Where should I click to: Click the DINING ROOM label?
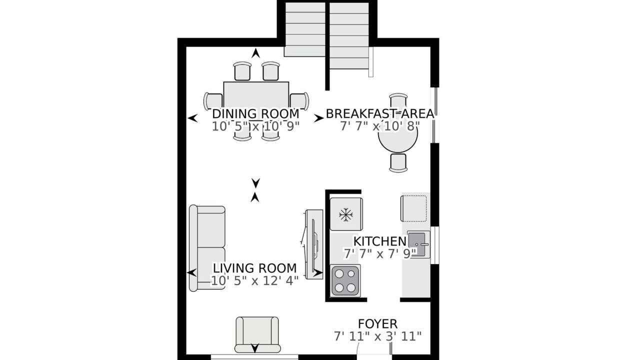pyautogui.click(x=255, y=113)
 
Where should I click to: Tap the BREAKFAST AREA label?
pyautogui.click(x=380, y=113)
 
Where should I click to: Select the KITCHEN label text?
pyautogui.click(x=380, y=241)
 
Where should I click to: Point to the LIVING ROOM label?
pyautogui.click(x=254, y=268)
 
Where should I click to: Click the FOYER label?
pyautogui.click(x=378, y=324)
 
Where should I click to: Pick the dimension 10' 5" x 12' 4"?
pyautogui.click(x=254, y=281)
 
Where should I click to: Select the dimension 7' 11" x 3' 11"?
pyautogui.click(x=377, y=336)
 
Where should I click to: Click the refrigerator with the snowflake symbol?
pyautogui.click(x=346, y=214)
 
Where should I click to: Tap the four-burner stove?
pyautogui.click(x=345, y=280)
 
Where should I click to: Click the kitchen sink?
pyautogui.click(x=418, y=244)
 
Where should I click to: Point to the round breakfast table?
pyautogui.click(x=397, y=133)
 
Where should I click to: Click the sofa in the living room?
pyautogui.click(x=207, y=248)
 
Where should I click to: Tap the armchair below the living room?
pyautogui.click(x=257, y=335)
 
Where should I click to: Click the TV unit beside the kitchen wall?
pyautogui.click(x=314, y=244)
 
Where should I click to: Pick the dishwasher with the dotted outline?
pyautogui.click(x=413, y=208)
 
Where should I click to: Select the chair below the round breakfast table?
pyautogui.click(x=398, y=162)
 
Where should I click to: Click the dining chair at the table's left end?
pyautogui.click(x=213, y=101)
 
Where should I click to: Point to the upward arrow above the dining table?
pyautogui.click(x=256, y=53)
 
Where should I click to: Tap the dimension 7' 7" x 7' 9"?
pyautogui.click(x=380, y=253)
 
